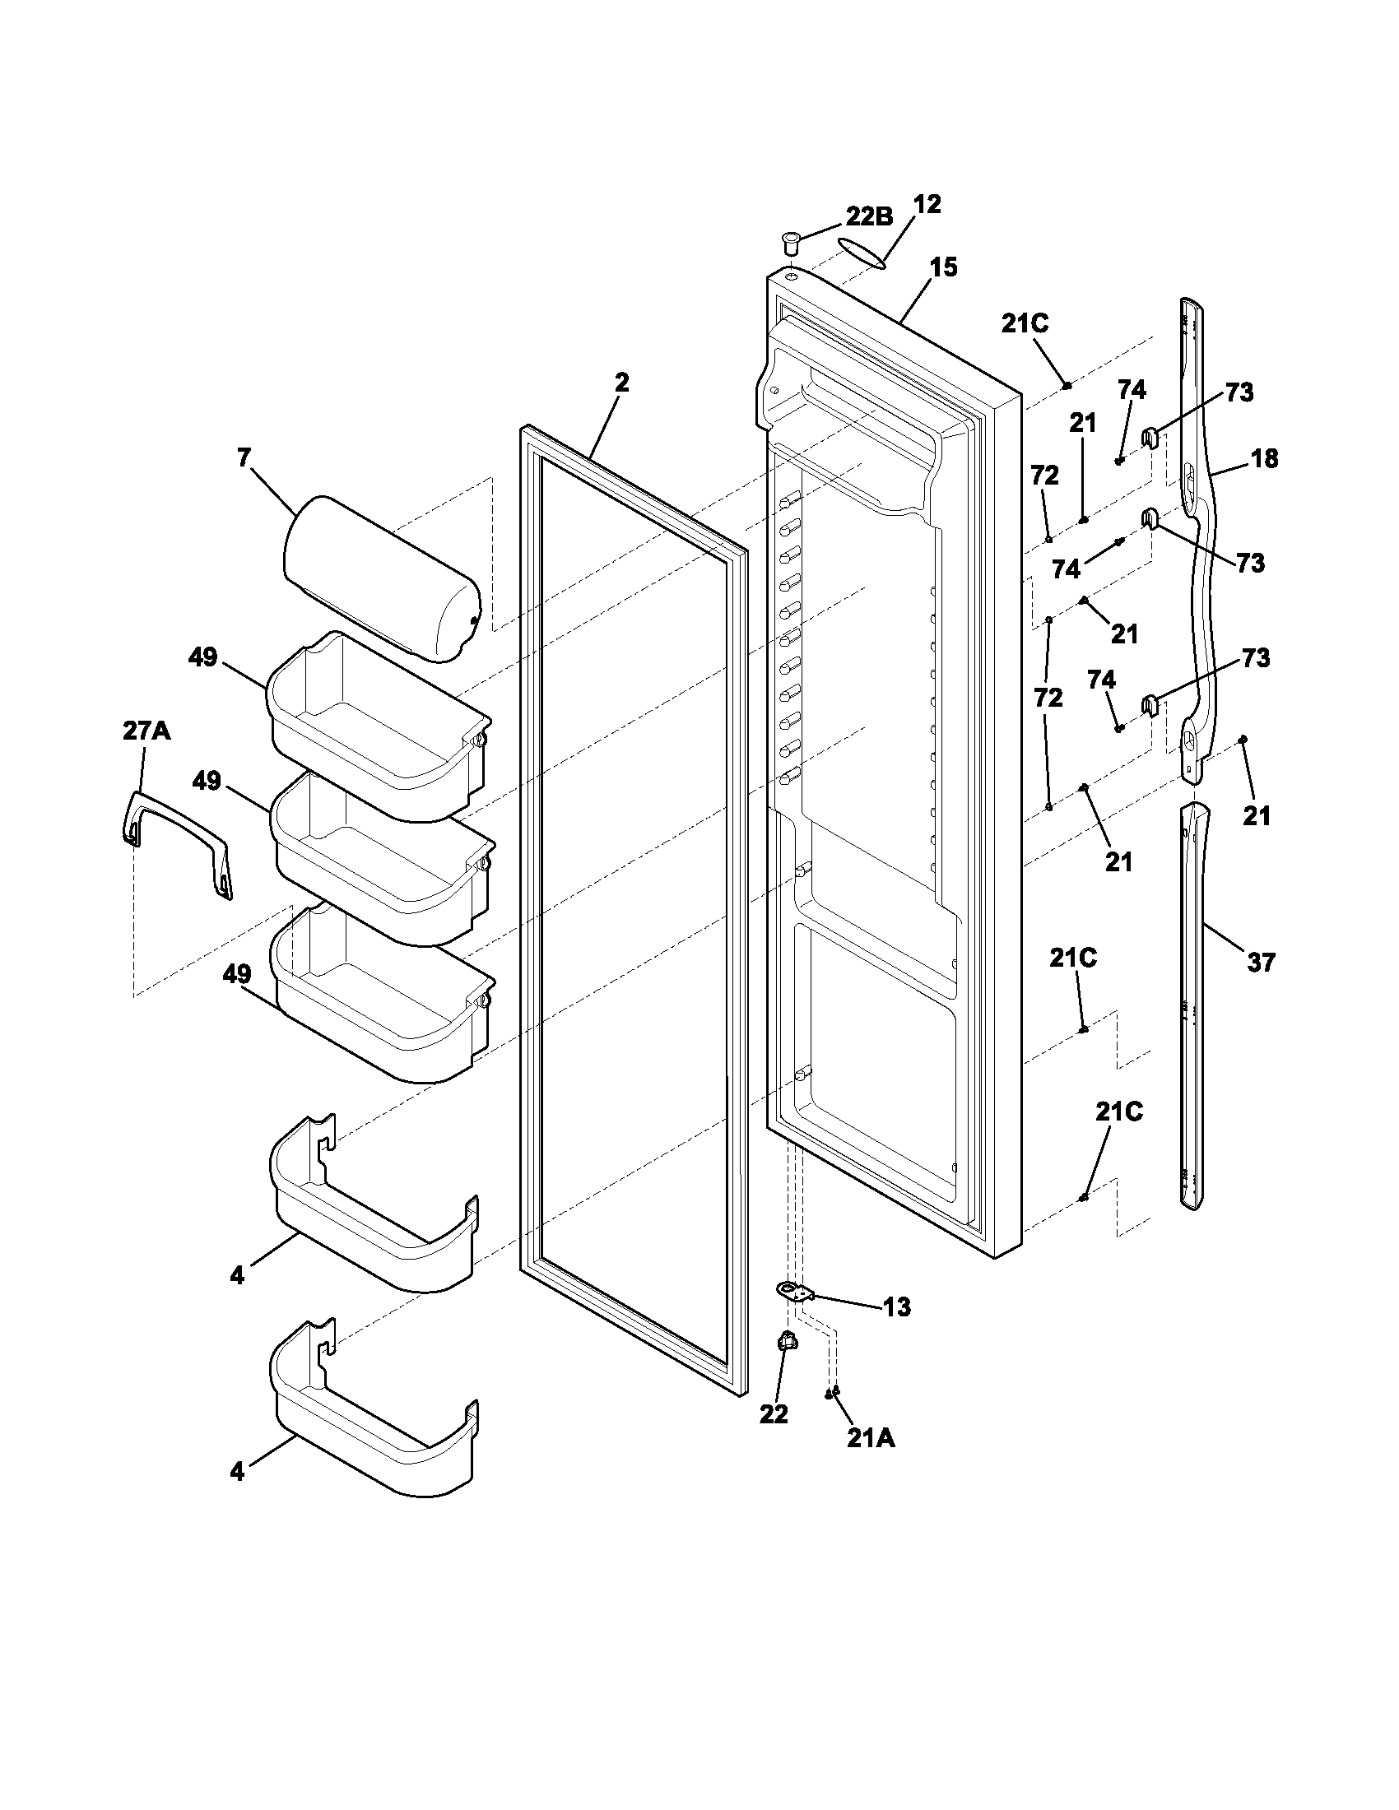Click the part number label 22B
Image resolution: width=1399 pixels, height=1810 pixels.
868,216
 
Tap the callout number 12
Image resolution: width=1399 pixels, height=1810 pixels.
927,205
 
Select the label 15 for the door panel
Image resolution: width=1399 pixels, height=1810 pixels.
943,267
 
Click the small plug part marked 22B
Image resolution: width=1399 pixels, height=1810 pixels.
790,244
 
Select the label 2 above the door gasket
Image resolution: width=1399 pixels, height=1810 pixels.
621,383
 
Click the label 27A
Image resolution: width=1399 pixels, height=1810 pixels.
146,731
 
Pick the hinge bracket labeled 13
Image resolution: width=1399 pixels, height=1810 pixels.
795,1292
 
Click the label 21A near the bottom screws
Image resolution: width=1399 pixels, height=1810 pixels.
870,1440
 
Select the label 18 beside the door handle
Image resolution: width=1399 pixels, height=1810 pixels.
1264,458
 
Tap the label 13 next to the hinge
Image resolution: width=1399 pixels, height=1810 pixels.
897,1307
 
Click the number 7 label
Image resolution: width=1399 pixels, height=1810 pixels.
244,457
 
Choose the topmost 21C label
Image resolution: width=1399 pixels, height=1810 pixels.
1025,324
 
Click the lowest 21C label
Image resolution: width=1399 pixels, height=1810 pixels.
1119,1112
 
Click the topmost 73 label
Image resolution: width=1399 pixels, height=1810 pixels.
1239,392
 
